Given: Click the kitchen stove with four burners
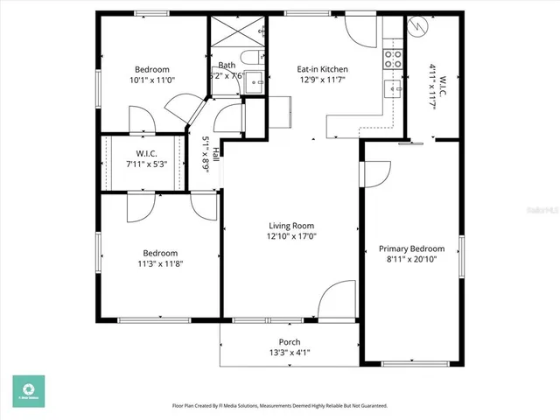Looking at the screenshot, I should [x=393, y=59].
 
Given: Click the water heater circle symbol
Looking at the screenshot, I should [x=418, y=27].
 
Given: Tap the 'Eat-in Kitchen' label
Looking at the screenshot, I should [x=323, y=69].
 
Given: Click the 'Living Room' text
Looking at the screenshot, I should [x=291, y=225].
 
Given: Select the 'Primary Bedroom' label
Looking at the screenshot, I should [x=411, y=248].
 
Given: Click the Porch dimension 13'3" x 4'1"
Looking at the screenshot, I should [x=290, y=353].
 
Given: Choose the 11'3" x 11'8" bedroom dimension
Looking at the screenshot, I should [x=160, y=262].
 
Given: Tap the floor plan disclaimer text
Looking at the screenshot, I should [x=280, y=406].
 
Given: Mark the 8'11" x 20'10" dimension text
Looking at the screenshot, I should [x=411, y=260].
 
